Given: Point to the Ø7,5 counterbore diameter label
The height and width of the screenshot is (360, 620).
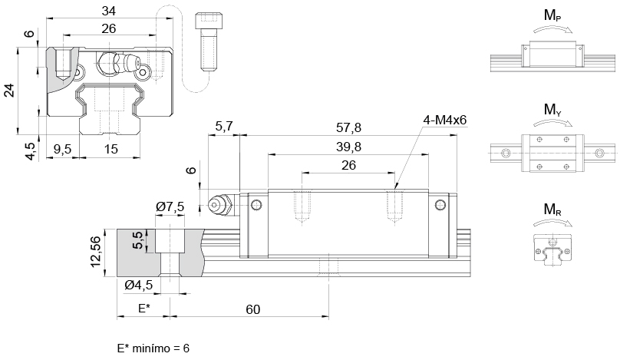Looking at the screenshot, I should (170, 206).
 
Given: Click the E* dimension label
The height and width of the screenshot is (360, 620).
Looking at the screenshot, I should (143, 309).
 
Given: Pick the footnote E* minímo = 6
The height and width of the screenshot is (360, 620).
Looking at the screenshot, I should (153, 348).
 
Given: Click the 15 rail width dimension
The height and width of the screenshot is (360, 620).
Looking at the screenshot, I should (110, 149).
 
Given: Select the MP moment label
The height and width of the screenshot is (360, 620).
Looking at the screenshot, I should (552, 16).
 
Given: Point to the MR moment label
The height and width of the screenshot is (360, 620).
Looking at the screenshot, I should (552, 210).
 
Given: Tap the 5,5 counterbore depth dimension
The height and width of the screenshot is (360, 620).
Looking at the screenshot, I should (138, 240).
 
